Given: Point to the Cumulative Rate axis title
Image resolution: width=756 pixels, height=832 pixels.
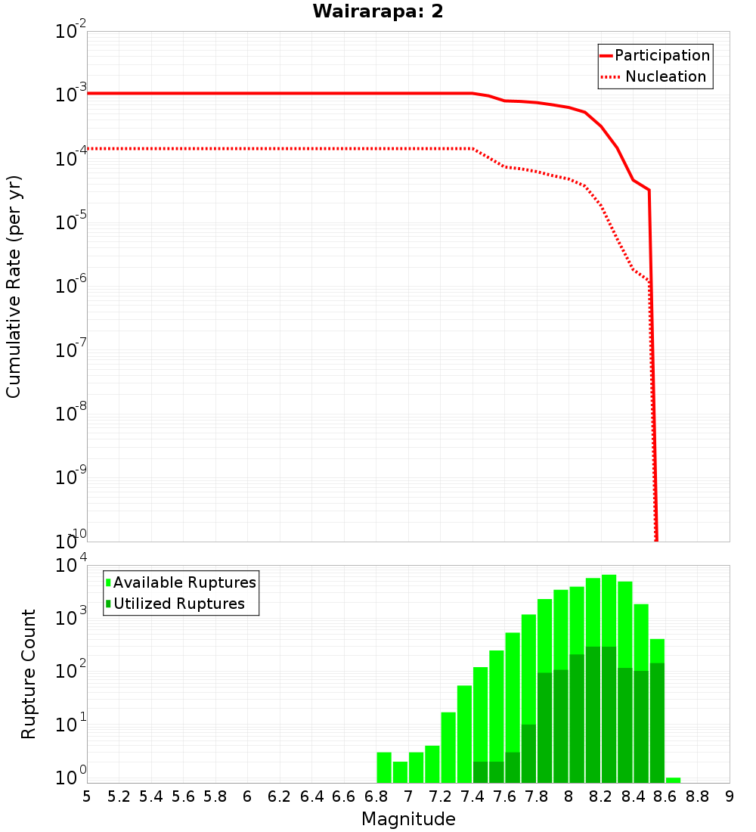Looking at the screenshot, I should pos(14,287).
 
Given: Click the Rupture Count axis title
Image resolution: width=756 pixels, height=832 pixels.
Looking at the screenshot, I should pos(29,674).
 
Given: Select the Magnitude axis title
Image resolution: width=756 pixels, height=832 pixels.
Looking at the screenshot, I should pos(408,819).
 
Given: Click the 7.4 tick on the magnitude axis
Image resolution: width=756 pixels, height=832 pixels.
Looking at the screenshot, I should pos(472,796).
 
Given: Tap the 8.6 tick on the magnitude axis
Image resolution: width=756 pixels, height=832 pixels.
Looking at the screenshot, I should pos(665,796).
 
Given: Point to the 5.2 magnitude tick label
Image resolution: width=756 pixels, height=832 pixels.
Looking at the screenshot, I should pos(119,796).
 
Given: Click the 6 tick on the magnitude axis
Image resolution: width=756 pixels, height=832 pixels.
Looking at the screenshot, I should pos(247,796).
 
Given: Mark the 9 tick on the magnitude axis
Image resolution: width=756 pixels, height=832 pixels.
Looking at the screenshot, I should pos(730,796).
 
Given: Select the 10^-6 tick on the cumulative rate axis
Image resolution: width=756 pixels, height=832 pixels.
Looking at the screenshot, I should pos(71,287).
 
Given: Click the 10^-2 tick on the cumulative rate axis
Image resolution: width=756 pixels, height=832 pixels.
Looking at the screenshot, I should pos(71,32).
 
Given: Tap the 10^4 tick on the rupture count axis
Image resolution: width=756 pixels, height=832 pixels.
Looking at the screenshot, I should pos(71,566).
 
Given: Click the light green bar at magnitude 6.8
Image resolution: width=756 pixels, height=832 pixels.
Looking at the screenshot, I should pos(384,767).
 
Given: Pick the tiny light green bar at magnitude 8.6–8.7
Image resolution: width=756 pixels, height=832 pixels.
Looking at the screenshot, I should pos(673,780).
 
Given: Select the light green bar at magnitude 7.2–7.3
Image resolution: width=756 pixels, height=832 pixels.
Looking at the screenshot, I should pos(448,747).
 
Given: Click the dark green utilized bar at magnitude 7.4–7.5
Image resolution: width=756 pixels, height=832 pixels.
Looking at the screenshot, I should pos(481,772).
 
